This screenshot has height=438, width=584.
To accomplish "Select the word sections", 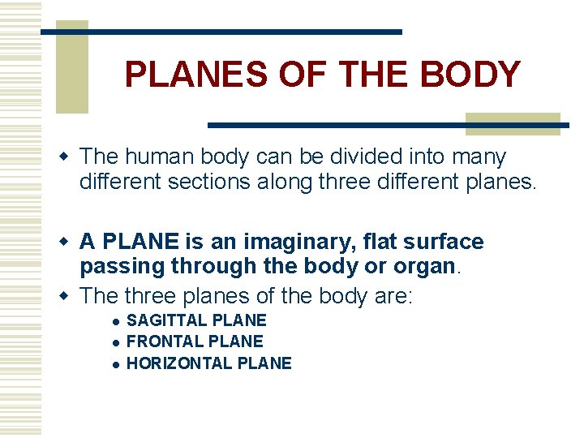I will pyautogui.click(x=202, y=181).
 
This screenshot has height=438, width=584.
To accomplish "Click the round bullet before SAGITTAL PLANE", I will pyautogui.click(x=118, y=321).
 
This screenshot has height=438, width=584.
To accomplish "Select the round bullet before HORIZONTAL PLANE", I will pyautogui.click(x=118, y=364).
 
